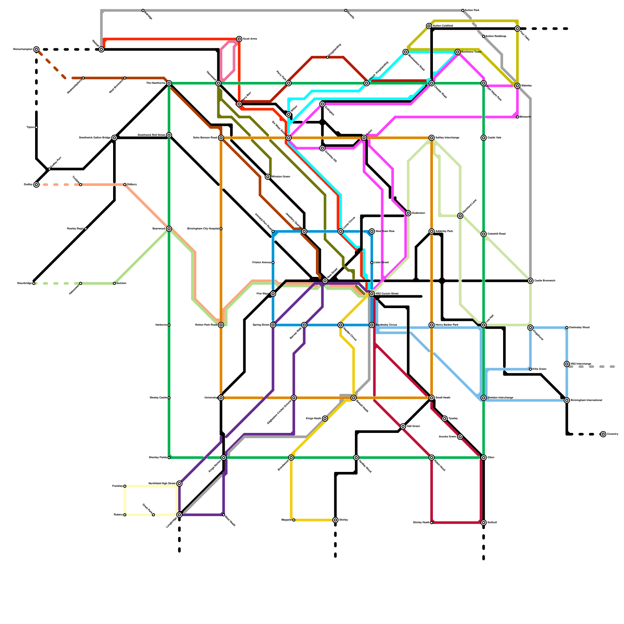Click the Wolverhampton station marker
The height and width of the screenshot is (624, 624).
[x=36, y=50]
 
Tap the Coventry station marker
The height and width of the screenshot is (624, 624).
[x=603, y=434]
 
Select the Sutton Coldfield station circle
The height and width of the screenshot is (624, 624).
[x=429, y=26]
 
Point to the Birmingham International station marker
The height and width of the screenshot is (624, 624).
[x=567, y=401]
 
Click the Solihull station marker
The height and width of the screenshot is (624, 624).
[x=484, y=523]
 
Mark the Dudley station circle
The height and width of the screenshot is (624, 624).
[x=36, y=184]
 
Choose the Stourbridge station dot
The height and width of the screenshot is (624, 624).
[x=34, y=284]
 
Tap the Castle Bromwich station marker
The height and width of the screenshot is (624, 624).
[x=530, y=281]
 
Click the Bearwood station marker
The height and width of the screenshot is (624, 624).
[x=169, y=229]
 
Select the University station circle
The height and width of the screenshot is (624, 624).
[x=221, y=398]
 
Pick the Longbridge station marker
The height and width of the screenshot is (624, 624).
[x=179, y=515]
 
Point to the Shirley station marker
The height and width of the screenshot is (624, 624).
[x=335, y=520]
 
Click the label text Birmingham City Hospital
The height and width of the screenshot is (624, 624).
[x=203, y=229]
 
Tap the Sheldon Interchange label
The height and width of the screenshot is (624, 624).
[x=500, y=398]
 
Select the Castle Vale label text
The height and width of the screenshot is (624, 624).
[x=494, y=138]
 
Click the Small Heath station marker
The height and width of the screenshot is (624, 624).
[x=432, y=398]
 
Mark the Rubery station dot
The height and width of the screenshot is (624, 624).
[x=125, y=515]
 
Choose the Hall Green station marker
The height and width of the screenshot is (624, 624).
[x=403, y=426]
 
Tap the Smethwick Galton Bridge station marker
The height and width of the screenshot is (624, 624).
[x=114, y=138]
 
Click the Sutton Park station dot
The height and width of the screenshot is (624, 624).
[x=463, y=11]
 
